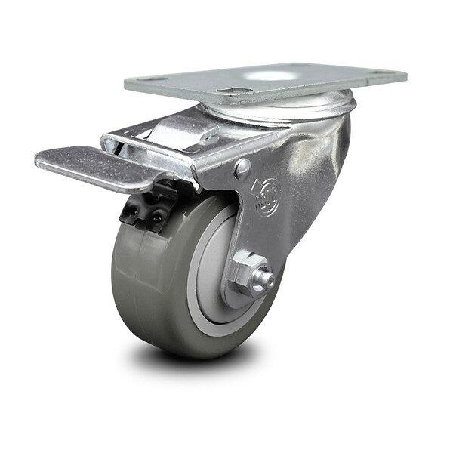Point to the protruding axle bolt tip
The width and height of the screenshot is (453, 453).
265,282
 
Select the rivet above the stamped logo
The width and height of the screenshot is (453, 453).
242,168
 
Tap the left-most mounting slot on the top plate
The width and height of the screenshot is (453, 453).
155,79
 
